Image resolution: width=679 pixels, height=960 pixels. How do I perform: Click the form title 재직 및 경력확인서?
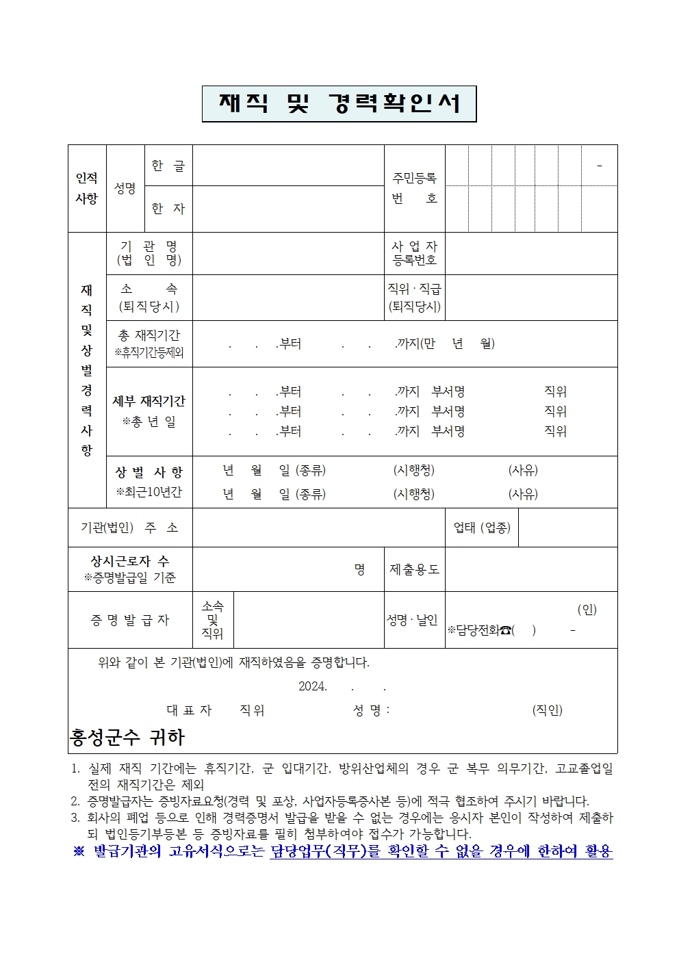pos(339,104)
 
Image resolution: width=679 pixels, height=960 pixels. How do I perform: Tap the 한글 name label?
pos(168,166)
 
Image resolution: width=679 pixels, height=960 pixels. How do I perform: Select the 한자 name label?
pos(168,209)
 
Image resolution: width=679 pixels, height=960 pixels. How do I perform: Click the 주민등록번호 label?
pos(414,188)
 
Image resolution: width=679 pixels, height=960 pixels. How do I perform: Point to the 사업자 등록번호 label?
pos(414,253)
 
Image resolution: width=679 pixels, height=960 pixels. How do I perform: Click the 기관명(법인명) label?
pos(149,253)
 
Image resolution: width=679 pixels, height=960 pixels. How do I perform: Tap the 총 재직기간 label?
pos(149,336)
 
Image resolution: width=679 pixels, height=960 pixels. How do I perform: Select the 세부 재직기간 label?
pos(149,402)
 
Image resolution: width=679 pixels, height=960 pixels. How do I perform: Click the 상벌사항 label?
pos(149,472)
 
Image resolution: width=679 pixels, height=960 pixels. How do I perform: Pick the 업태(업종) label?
pos(482,528)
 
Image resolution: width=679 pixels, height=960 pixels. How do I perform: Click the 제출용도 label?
pos(414,569)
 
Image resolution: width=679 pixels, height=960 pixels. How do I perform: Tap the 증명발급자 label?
pos(130,620)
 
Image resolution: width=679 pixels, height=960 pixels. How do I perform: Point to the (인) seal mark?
pos(587,610)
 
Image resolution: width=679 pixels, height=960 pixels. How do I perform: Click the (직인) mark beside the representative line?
pos(547,710)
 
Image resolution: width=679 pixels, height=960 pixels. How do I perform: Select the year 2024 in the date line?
pos(312,686)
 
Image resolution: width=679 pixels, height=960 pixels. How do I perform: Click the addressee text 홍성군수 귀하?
pos(127,738)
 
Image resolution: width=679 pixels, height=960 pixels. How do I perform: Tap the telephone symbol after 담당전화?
pos(505,630)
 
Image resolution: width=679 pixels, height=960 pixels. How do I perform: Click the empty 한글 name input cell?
pos(288,166)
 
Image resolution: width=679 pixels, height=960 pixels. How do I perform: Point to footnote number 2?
pos(75,801)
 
